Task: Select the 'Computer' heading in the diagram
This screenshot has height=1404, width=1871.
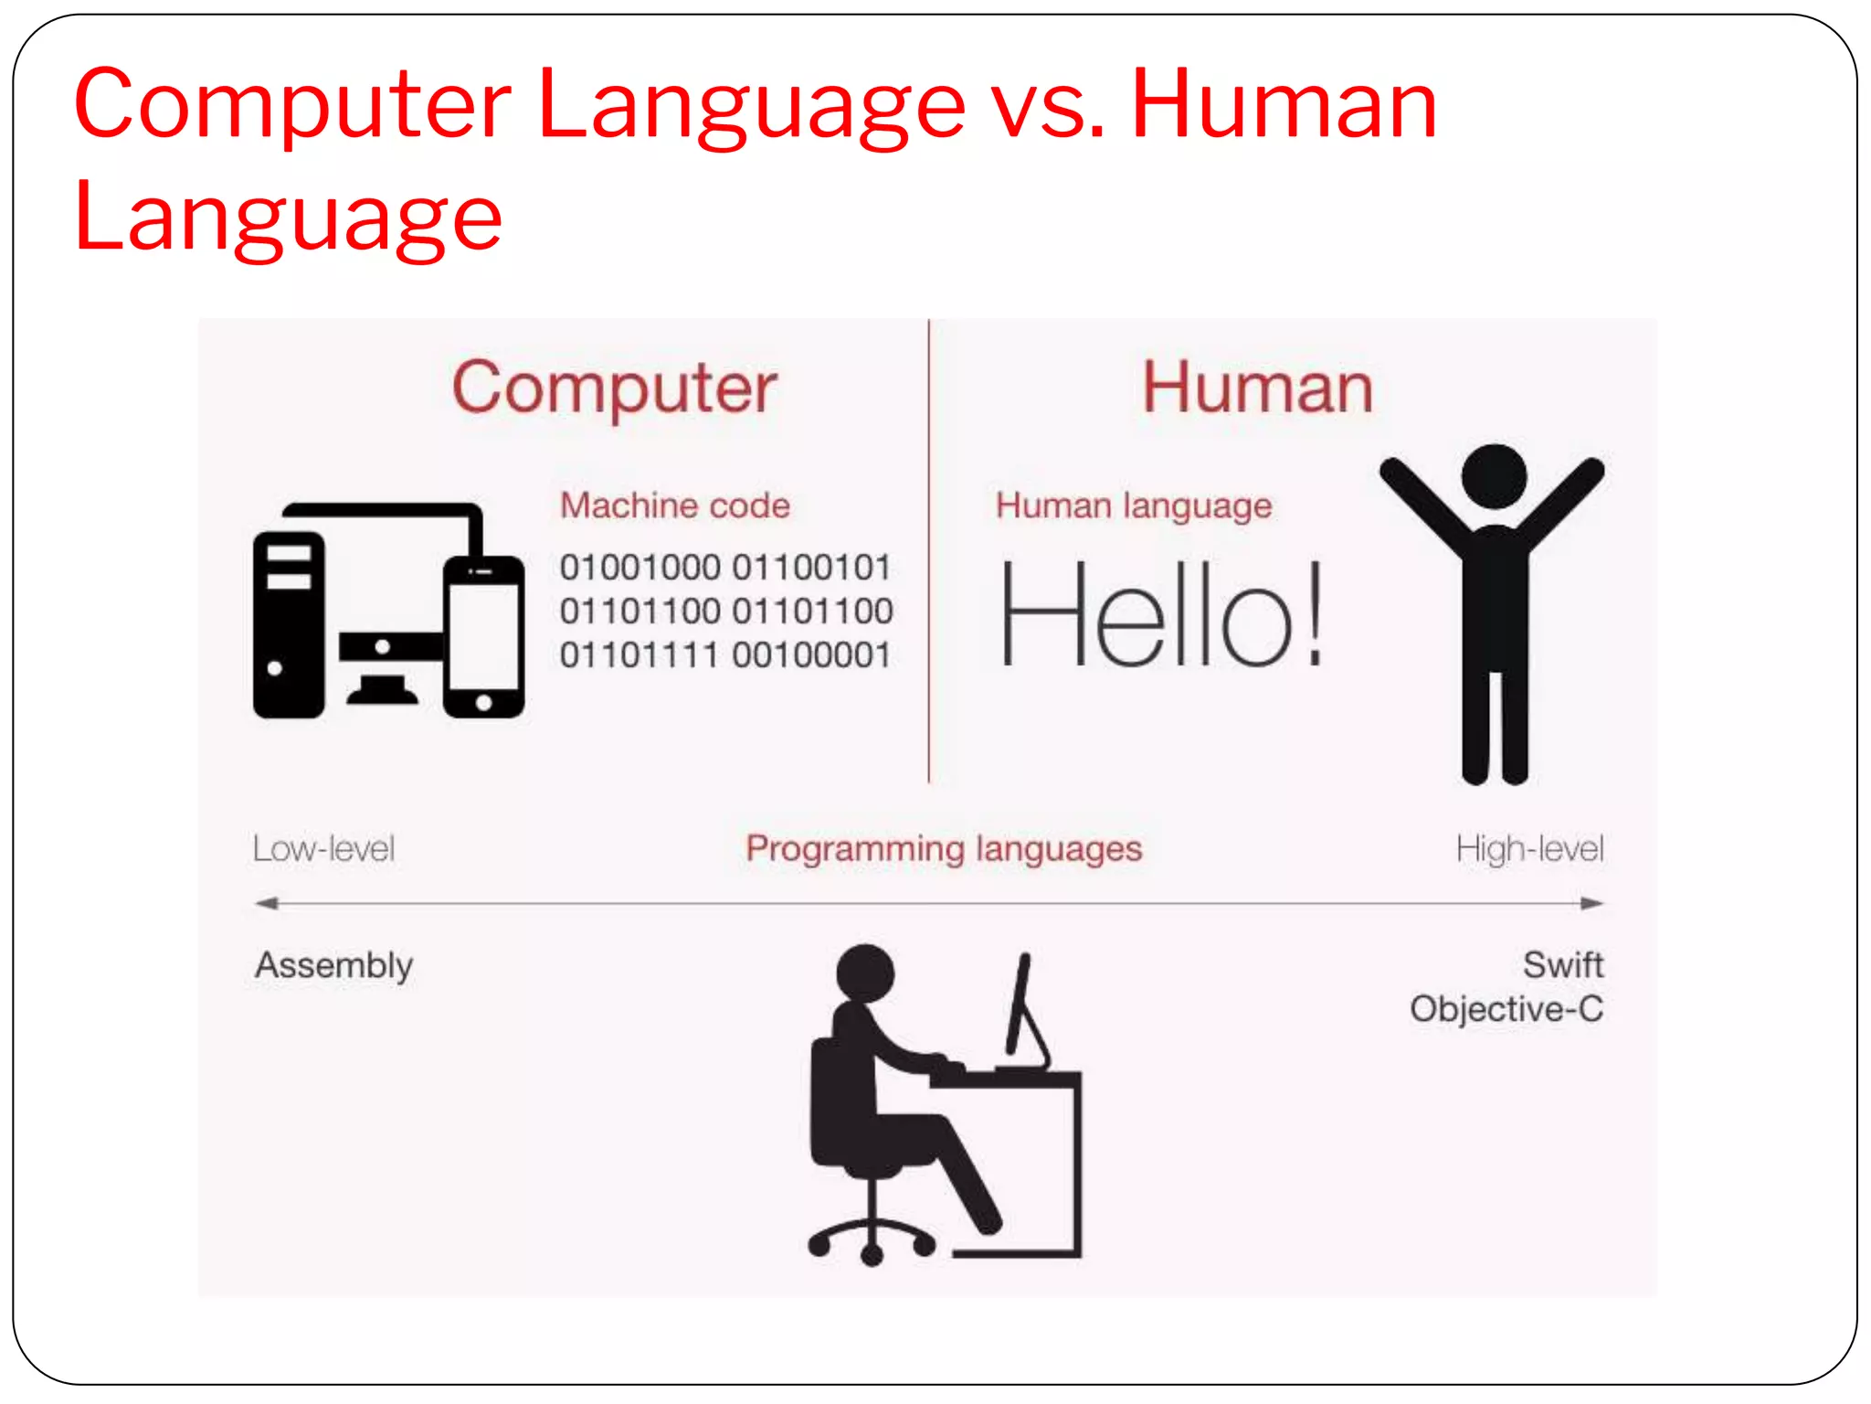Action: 614,388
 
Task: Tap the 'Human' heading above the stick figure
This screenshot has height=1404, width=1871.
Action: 1257,388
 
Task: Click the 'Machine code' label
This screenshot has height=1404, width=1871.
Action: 674,505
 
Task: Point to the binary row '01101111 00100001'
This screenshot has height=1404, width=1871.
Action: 725,654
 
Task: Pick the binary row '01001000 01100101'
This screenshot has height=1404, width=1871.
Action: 725,567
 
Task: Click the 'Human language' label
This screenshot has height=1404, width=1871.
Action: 1133,505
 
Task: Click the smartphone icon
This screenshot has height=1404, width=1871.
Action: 483,637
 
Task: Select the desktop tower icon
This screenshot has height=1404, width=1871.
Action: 289,624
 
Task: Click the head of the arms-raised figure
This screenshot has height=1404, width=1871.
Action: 1494,476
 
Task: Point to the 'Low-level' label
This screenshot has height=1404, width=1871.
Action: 323,849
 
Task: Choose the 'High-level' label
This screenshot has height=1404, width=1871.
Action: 1529,849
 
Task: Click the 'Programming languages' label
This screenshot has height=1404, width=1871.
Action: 944,849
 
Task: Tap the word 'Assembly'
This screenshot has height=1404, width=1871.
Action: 333,965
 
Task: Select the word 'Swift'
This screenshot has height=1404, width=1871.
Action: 1562,964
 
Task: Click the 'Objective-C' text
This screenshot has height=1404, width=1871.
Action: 1506,1009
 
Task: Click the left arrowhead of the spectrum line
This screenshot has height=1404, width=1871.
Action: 265,904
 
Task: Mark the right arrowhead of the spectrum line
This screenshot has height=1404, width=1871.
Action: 1592,904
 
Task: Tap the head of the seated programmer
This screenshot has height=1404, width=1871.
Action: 864,972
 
